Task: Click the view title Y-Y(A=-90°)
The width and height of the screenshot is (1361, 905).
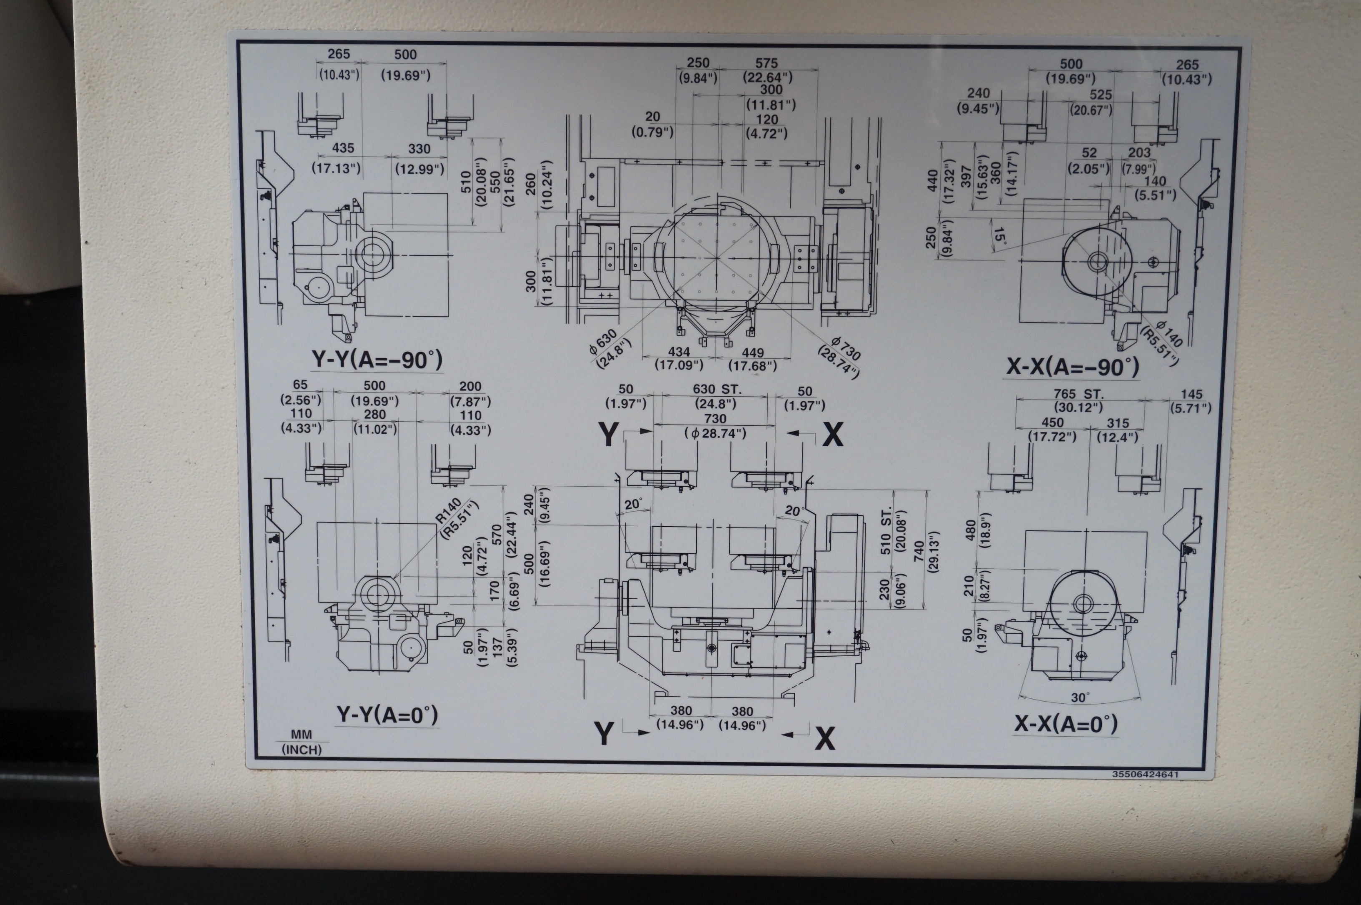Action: click(x=377, y=360)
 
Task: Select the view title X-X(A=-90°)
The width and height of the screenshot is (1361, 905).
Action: click(x=1072, y=367)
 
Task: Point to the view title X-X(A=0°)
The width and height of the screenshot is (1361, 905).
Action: click(x=1066, y=724)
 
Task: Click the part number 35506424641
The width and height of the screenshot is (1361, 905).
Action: click(x=1145, y=775)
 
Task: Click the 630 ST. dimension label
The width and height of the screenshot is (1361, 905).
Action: click(x=717, y=390)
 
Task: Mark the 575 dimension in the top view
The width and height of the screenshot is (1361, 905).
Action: click(x=766, y=63)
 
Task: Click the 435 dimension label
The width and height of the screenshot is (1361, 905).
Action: click(x=343, y=148)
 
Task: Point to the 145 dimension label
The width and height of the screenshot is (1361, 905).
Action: click(x=1192, y=394)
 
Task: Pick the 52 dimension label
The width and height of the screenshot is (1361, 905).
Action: click(x=1089, y=153)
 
